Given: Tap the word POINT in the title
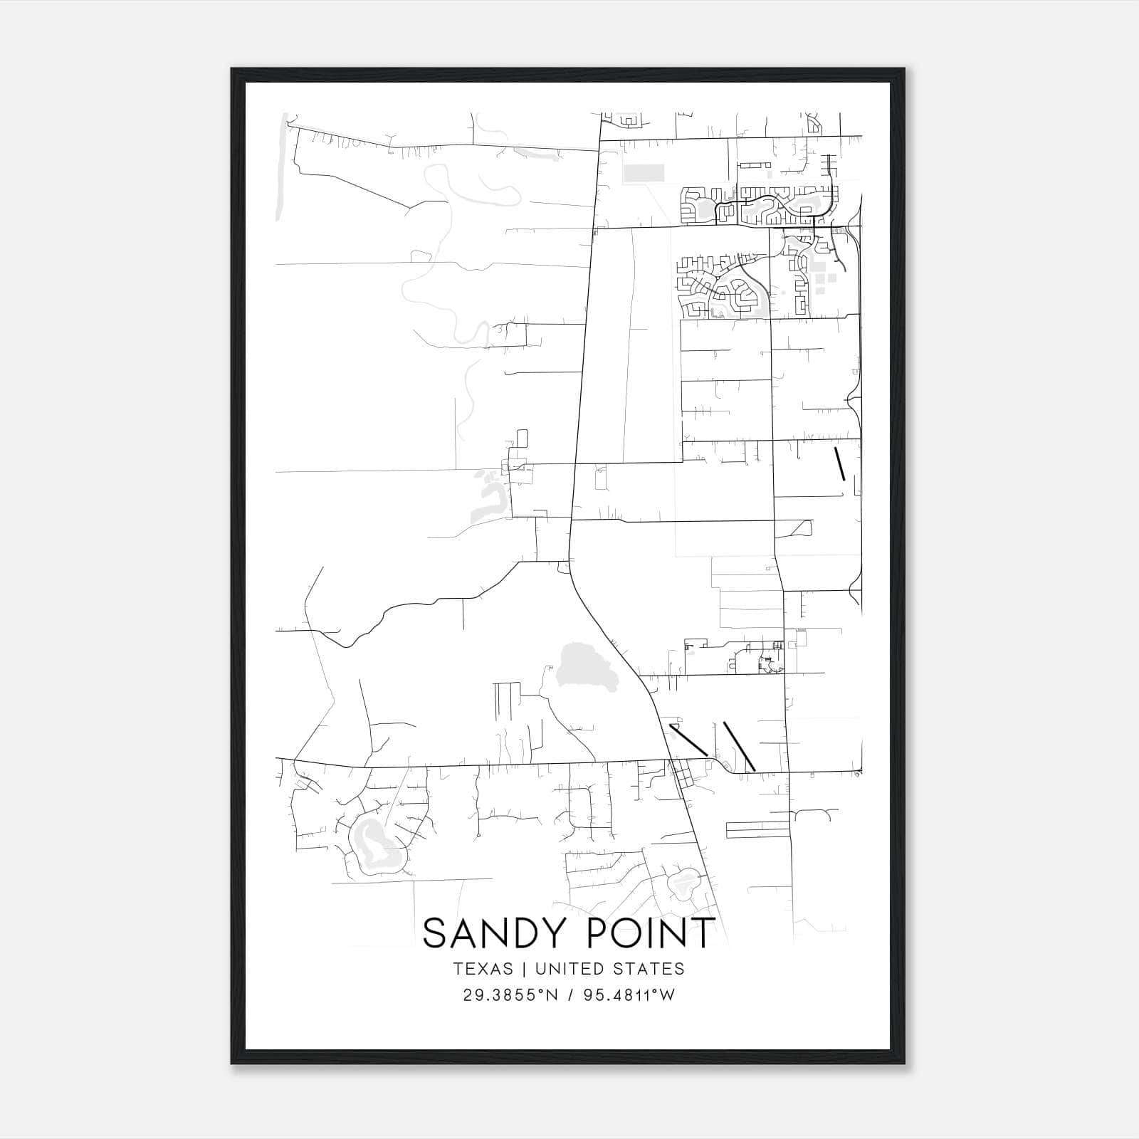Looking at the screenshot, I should tap(643, 933).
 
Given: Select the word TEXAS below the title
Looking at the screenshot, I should tap(482, 969).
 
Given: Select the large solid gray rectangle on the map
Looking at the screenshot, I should tap(644, 172).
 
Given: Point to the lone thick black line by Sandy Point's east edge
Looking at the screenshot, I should tap(840, 463).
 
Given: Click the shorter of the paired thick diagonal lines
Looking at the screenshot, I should tap(688, 740).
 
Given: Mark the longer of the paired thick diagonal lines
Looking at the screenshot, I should tap(739, 746).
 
